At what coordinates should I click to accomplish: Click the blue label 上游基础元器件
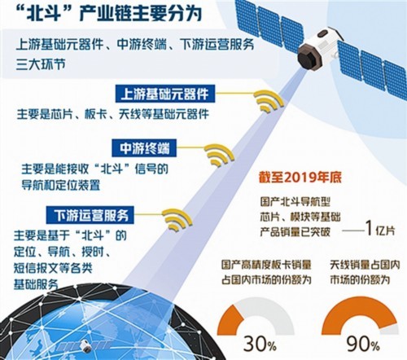(166, 92)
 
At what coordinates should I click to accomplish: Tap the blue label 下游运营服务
(95, 215)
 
